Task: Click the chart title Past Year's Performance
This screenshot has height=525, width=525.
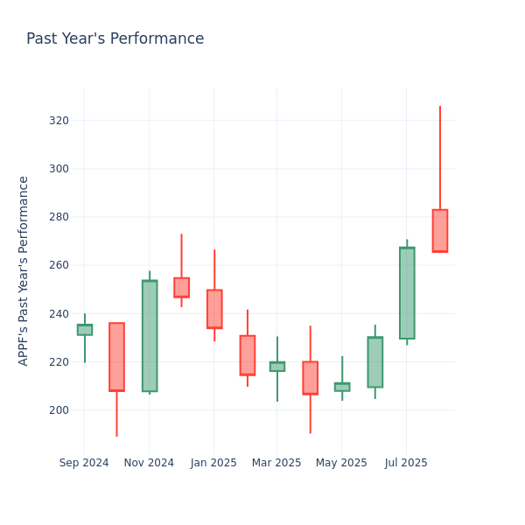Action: click(115, 39)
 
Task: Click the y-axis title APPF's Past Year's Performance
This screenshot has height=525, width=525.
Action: click(24, 270)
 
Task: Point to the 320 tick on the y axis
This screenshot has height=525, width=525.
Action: click(59, 121)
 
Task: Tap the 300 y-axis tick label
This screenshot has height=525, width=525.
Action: click(59, 169)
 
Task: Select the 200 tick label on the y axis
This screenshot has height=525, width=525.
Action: click(59, 410)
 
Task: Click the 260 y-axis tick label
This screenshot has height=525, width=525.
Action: click(59, 265)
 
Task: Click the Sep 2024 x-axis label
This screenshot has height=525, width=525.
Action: click(84, 463)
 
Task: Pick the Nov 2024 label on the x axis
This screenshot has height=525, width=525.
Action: click(149, 463)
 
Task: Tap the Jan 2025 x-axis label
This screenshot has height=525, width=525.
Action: click(213, 463)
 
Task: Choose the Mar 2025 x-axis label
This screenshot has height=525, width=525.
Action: click(276, 463)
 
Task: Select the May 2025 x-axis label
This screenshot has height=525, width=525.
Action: click(341, 463)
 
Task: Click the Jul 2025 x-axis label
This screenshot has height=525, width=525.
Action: click(406, 463)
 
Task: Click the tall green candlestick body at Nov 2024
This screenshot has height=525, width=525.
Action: click(150, 336)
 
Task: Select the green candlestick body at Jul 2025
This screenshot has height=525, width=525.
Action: click(407, 293)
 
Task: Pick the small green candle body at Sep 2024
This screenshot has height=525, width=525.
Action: click(84, 330)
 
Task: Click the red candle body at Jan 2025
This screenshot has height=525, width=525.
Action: click(214, 309)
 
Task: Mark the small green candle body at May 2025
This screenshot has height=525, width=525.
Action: click(341, 387)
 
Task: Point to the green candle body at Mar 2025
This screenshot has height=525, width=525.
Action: click(276, 367)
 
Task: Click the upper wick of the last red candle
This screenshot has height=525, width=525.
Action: click(439, 157)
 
